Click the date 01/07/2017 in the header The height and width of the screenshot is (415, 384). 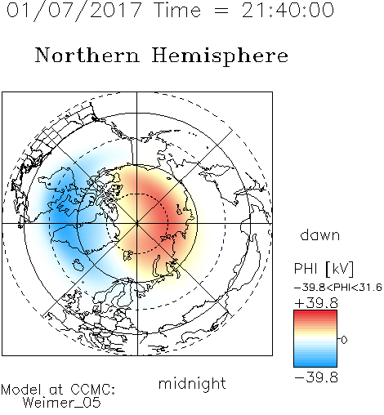pos(74,11)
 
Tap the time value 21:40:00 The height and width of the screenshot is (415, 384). pos(288,10)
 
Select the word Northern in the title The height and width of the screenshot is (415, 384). pos(87,55)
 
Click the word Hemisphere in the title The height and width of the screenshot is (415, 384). pos(220,56)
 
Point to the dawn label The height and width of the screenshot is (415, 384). pos(320,234)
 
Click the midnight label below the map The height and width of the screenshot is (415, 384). pos(192,384)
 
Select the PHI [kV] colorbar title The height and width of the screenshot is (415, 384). pos(324,269)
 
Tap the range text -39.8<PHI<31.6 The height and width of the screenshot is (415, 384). pos(338,288)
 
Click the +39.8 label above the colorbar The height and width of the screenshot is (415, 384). pos(316,303)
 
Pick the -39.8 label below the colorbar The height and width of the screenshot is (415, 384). pos(316,377)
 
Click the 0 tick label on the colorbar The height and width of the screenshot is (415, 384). pos(344,340)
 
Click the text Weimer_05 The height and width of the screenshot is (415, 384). pos(62,403)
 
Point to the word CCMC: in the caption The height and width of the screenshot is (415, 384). pos(93,390)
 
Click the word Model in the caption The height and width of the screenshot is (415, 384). pos(21,390)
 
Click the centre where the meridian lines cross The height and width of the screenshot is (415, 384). pos(137,224)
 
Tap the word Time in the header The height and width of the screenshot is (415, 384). pos(177,10)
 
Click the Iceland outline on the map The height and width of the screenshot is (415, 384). pos(78,265)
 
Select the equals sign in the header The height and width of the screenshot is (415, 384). pos(221,11)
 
